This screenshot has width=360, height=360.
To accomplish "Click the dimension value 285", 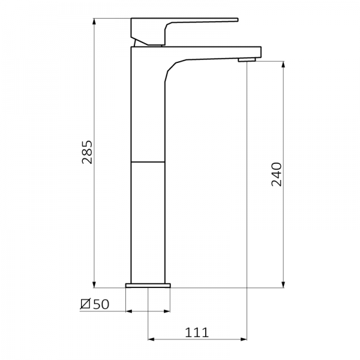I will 88,152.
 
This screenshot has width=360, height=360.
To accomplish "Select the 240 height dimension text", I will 276,175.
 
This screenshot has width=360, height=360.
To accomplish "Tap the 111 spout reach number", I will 198,332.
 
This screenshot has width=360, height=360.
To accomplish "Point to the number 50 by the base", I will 101,304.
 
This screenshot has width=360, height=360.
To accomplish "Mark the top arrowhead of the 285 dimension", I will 95,22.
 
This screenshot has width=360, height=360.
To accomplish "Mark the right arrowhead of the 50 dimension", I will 167,311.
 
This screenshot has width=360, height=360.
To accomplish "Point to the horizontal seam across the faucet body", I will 148,162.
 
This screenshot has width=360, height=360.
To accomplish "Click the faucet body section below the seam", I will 148,222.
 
